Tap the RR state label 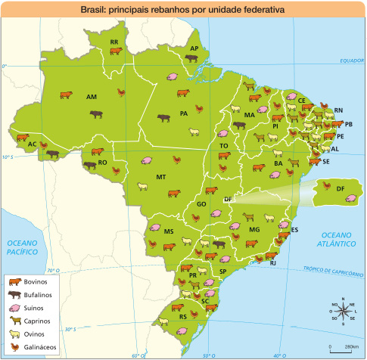tap(114, 42)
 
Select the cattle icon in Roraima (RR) tap(115, 51)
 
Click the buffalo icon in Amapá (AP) tap(191, 58)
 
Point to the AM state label tap(92, 98)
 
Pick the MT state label tap(160, 177)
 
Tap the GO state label tap(201, 204)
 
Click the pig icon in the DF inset tap(350, 198)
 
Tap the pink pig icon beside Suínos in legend tap(14, 308)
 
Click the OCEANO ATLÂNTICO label tap(338, 241)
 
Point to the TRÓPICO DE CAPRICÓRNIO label tap(333, 272)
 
